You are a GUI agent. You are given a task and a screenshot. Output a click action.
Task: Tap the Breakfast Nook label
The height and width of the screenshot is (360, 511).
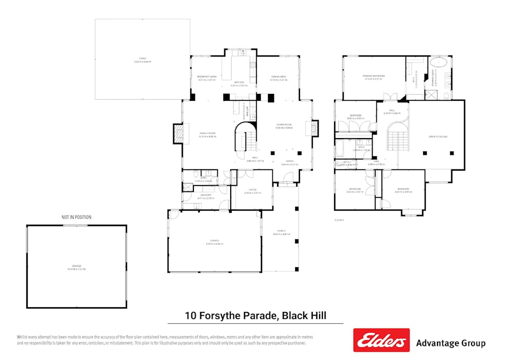tap(207, 78)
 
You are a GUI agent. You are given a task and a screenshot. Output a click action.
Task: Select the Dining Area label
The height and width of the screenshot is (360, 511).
tap(279, 78)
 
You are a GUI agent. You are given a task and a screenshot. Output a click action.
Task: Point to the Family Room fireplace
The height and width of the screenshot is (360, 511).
tap(177, 134)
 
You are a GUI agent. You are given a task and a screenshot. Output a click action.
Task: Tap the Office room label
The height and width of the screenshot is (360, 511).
tap(246, 190)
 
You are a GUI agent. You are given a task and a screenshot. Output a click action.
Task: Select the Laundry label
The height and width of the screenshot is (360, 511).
tap(206, 196)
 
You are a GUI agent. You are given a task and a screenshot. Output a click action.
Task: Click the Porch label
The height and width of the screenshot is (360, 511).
tap(281, 232)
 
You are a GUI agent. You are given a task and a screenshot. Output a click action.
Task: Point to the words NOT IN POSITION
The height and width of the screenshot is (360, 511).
tap(76, 217)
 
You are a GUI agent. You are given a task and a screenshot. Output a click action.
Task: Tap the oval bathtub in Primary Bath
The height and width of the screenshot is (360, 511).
tap(440, 62)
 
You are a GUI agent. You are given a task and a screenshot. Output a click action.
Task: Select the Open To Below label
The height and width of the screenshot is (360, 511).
tap(437, 137)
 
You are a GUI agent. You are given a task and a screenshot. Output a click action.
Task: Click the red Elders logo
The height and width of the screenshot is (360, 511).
tap(381, 340)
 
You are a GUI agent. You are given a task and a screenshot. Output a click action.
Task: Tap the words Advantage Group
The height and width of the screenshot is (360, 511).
tap(450, 343)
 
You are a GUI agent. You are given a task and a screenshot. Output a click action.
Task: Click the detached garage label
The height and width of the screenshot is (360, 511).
tap(77, 267)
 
